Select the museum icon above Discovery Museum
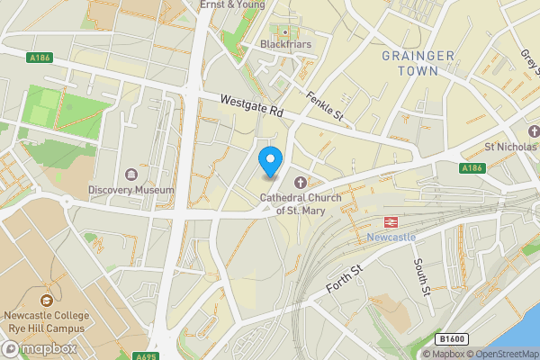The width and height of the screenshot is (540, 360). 132,174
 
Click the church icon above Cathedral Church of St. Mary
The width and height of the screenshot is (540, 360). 301,183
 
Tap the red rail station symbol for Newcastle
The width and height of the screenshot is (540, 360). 391,220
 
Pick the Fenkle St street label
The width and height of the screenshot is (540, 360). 325,107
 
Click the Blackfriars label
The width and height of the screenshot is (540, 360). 283,44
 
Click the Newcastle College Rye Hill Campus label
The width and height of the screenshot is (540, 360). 46,321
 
